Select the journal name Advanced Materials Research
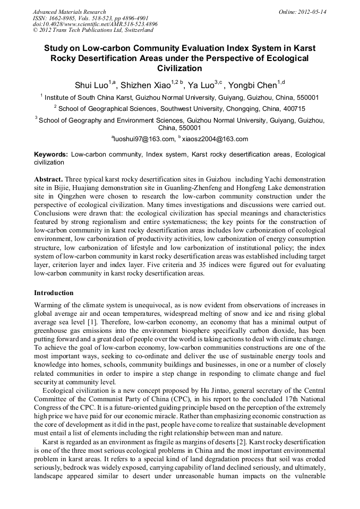tap(69, 12)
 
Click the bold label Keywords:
tap(51, 154)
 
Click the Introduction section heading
tap(54, 293)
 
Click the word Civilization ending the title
tap(179, 68)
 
